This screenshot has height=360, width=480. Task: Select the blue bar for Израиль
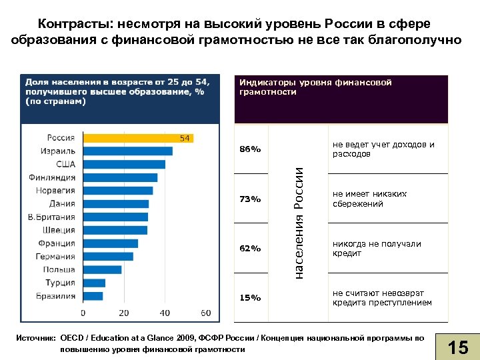tap(127, 151)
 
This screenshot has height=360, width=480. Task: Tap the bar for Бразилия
tap(93, 295)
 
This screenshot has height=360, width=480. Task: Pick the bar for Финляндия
tap(120, 177)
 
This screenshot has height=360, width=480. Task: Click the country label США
tap(65, 164)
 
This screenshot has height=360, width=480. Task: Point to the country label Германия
tap(57, 257)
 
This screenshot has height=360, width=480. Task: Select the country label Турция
tap(61, 283)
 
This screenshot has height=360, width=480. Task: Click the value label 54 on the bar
tap(185, 138)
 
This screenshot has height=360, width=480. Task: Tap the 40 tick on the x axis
tap(165, 313)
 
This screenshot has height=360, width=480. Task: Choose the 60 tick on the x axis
tap(205, 313)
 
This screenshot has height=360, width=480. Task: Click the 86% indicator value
tap(250, 149)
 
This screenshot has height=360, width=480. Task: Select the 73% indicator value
tap(250, 199)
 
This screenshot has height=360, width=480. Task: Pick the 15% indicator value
tap(250, 298)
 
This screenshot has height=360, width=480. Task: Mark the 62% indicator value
tap(250, 249)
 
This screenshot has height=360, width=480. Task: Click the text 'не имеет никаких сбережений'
tap(369, 199)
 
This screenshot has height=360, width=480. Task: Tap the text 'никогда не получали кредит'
tap(377, 248)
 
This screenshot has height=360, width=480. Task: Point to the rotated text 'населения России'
tap(299, 223)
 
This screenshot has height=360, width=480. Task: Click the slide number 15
tap(458, 347)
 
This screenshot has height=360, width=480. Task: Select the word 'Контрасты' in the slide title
tap(75, 24)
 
